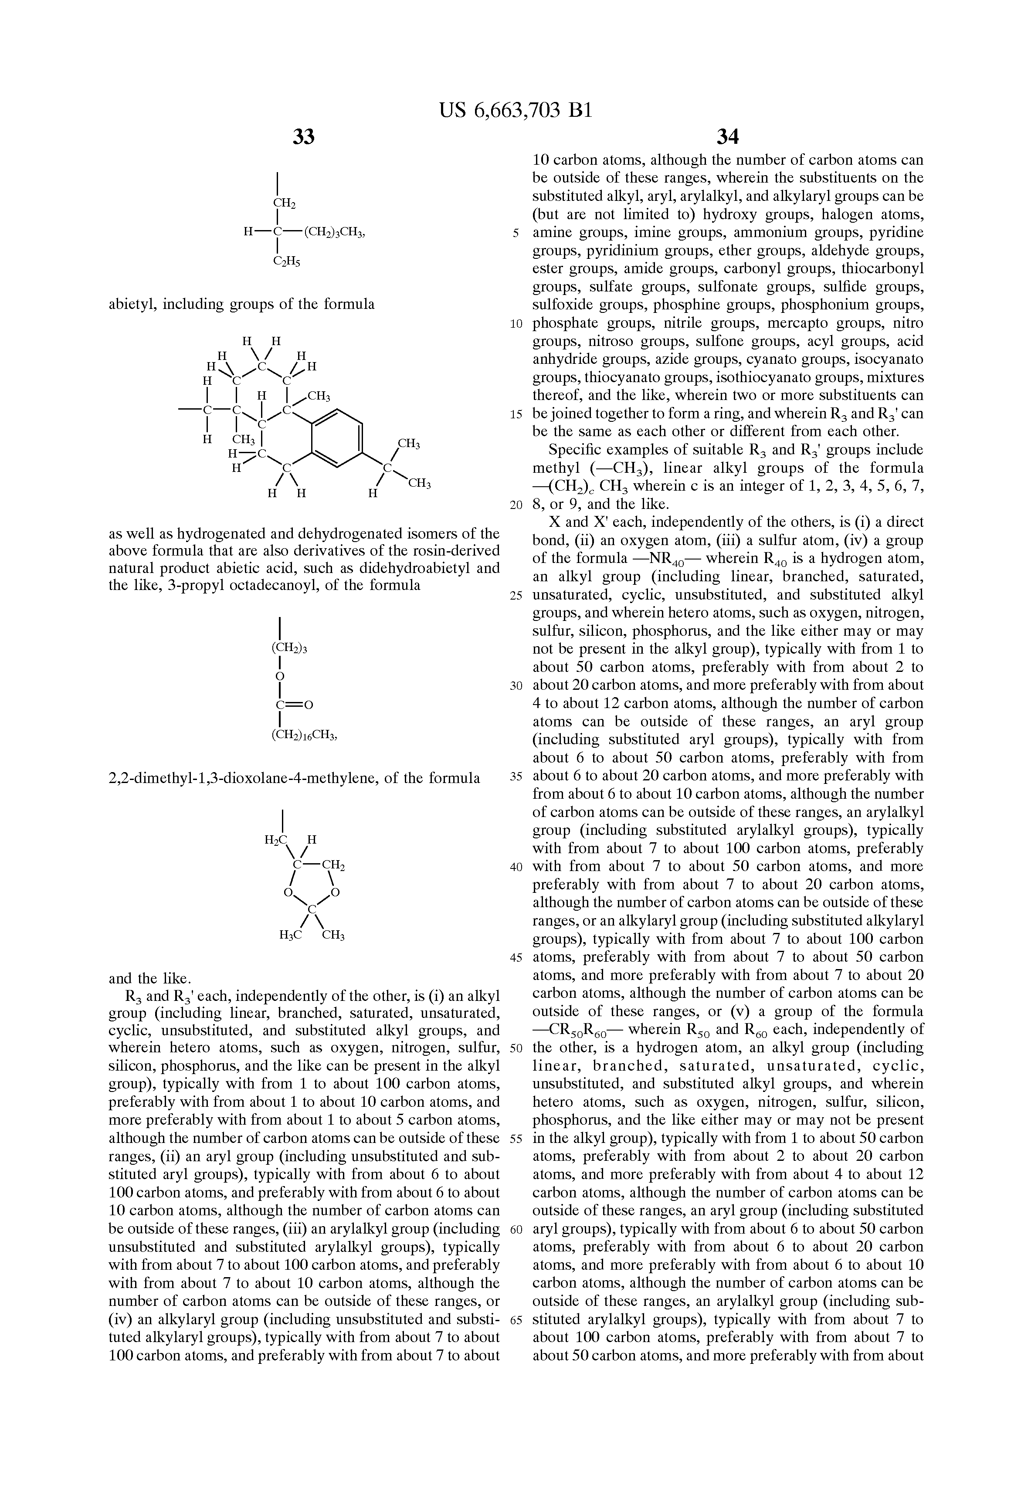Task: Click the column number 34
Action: (727, 136)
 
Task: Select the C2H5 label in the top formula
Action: (287, 261)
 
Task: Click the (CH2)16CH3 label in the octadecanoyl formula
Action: (304, 736)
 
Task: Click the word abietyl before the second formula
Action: (133, 304)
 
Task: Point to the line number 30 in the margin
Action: (516, 685)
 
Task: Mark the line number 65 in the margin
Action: (516, 1319)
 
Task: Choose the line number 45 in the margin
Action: (516, 957)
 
